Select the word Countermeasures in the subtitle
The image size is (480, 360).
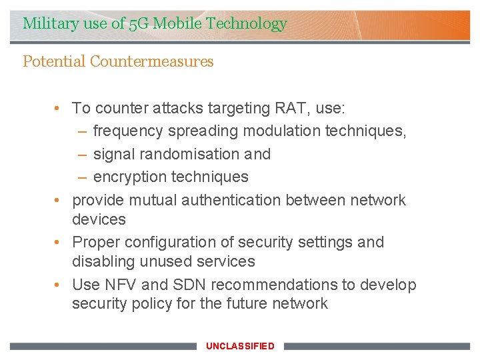[152, 62]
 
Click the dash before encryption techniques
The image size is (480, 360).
[81, 177]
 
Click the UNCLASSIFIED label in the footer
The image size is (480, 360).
[240, 346]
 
